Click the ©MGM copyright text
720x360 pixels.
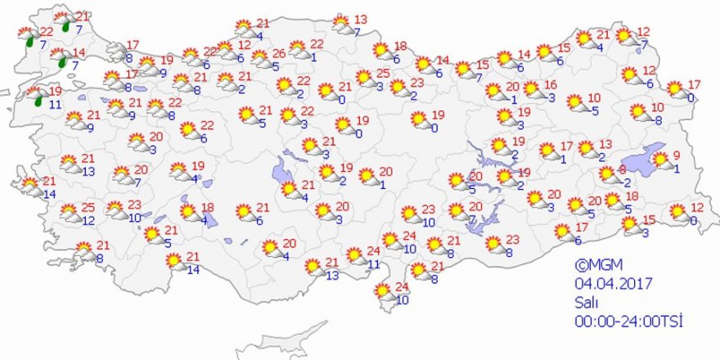(592, 266)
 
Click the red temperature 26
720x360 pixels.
(278, 53)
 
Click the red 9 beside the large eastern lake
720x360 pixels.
(677, 157)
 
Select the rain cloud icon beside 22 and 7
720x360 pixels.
(27, 37)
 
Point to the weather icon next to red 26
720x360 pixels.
(260, 58)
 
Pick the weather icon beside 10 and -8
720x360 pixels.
(639, 111)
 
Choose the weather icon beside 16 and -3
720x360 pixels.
(532, 89)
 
